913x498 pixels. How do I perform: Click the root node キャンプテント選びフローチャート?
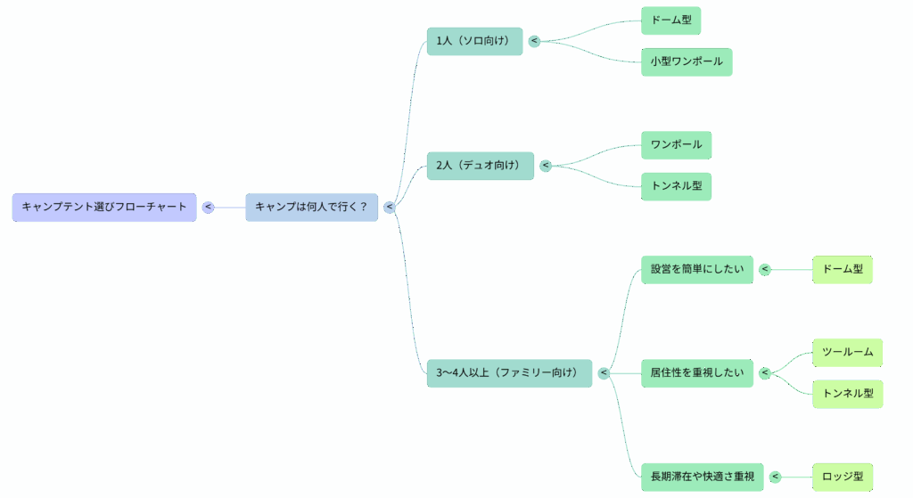[104, 207]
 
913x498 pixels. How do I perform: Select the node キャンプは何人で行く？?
[311, 207]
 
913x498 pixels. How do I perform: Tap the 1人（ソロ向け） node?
[474, 41]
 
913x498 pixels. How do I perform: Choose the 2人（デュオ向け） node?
[480, 166]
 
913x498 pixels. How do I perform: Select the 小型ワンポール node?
[687, 62]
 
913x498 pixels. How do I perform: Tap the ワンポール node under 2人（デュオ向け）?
[676, 144]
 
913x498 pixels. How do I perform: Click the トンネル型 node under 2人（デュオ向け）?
[676, 186]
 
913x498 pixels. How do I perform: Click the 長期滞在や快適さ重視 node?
[703, 477]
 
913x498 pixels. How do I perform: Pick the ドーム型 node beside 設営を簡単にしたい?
[843, 269]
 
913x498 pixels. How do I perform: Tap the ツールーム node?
[848, 352]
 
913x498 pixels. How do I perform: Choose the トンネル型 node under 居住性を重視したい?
[848, 393]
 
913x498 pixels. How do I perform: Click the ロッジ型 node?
[843, 477]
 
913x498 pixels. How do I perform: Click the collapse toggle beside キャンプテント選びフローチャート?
[208, 207]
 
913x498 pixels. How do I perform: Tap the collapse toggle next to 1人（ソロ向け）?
[534, 41]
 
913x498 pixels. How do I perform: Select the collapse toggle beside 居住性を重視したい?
[764, 372]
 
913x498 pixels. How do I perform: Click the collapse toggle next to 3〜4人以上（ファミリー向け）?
[604, 372]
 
